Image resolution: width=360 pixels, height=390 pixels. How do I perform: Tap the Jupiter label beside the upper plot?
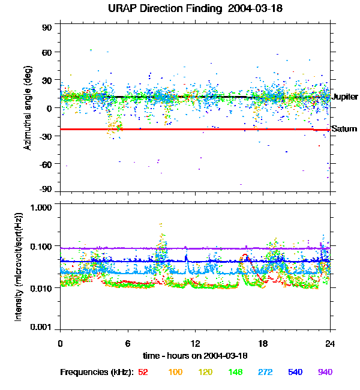[x=345, y=97]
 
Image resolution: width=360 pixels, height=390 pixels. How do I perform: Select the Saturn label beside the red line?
[x=344, y=129]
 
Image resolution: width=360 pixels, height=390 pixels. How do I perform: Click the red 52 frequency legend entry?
[x=143, y=373]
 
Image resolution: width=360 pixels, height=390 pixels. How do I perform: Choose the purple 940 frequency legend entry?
[x=325, y=373]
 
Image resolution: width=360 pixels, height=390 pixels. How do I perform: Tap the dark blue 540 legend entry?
[x=294, y=373]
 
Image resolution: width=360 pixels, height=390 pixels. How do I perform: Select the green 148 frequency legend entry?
[x=235, y=373]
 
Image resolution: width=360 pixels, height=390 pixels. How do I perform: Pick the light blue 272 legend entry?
[x=265, y=373]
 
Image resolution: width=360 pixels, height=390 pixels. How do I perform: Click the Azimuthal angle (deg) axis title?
[x=28, y=108]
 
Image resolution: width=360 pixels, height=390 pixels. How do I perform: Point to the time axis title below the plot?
[x=194, y=355]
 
